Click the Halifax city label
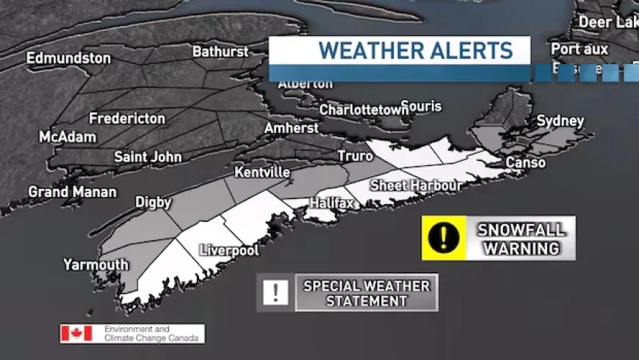pos(331,202)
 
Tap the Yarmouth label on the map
pos(95,264)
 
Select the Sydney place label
pos(560,120)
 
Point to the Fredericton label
pos(127,118)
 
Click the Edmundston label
pos(68,58)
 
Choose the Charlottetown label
pos(364,109)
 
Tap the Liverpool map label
pos(229,251)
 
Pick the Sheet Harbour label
pos(416,185)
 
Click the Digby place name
pos(153,202)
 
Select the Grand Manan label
pos(72,192)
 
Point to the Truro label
pos(355,156)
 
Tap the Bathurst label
pos(220,52)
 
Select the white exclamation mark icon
pos(275,292)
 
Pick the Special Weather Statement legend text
pos(367,292)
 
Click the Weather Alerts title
pos(415,51)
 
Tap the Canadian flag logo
pos(76,334)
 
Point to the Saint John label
pos(147,156)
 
